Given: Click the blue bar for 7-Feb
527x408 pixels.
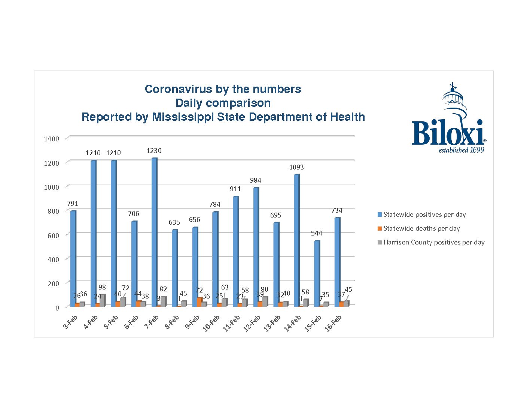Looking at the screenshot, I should coord(154,232).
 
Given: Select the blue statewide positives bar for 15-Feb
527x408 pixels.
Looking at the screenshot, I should coord(317,274).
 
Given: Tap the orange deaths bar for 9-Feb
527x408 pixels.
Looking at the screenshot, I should coord(199,302).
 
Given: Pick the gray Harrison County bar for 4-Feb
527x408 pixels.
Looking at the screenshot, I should coord(102,301).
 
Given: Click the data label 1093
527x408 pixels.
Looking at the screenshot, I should coord(296,167).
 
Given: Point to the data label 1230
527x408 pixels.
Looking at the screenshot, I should coord(154,151).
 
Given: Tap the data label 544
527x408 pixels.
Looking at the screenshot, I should coord(316,233).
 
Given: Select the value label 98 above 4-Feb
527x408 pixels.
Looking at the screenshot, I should coord(102,287).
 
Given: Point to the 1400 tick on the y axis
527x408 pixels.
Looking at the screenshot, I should coord(52,139).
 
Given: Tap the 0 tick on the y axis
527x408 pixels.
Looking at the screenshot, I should coord(57,308).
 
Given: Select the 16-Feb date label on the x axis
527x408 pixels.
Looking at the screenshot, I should coord(333,323).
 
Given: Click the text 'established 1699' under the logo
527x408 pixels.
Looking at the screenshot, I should coord(461,150).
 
